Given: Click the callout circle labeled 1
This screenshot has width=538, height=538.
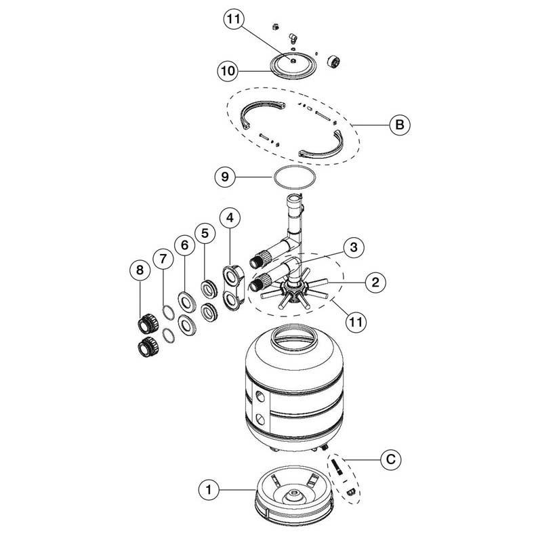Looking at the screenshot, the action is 209,490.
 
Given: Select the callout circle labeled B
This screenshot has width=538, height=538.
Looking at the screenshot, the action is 400,125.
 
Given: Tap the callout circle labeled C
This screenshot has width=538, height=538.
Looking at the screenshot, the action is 391,459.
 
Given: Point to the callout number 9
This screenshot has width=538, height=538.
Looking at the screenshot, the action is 225,177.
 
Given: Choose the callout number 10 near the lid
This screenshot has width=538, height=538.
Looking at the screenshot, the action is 228,70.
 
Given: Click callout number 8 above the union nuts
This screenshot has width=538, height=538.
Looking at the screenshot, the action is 140,270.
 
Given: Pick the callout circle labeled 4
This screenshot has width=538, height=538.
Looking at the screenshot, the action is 230,218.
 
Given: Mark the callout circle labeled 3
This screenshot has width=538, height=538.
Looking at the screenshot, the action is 354,247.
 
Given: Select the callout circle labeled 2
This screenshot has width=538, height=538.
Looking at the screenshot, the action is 375,282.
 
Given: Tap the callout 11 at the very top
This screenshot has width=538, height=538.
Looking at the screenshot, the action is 234,19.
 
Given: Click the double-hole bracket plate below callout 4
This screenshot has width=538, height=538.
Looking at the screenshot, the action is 232,287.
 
